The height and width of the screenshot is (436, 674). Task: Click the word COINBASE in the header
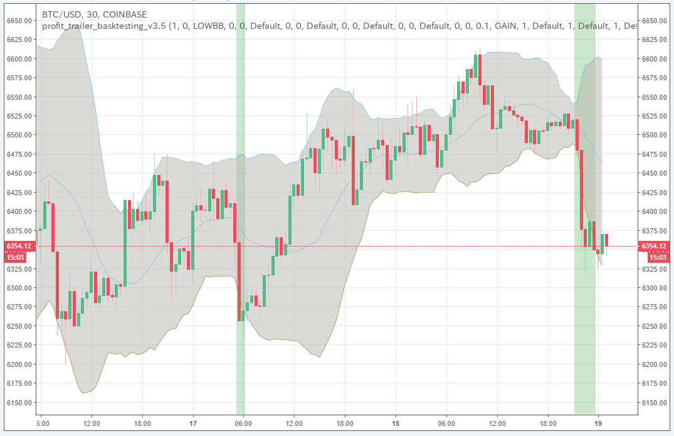(125, 14)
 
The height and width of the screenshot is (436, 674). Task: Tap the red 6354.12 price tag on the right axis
(655, 247)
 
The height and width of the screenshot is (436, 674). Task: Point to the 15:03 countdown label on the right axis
(655, 257)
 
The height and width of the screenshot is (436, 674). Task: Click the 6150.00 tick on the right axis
(655, 403)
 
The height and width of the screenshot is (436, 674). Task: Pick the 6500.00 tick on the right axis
(655, 135)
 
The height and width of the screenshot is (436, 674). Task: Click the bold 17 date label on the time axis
(193, 424)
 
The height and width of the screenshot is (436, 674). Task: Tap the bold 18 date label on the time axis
(396, 424)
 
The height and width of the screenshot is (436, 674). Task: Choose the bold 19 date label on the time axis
(598, 424)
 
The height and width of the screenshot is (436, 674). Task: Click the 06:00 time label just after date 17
(243, 424)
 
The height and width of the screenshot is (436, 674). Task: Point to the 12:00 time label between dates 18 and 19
(497, 424)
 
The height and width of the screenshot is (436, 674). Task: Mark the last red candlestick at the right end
(606, 240)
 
